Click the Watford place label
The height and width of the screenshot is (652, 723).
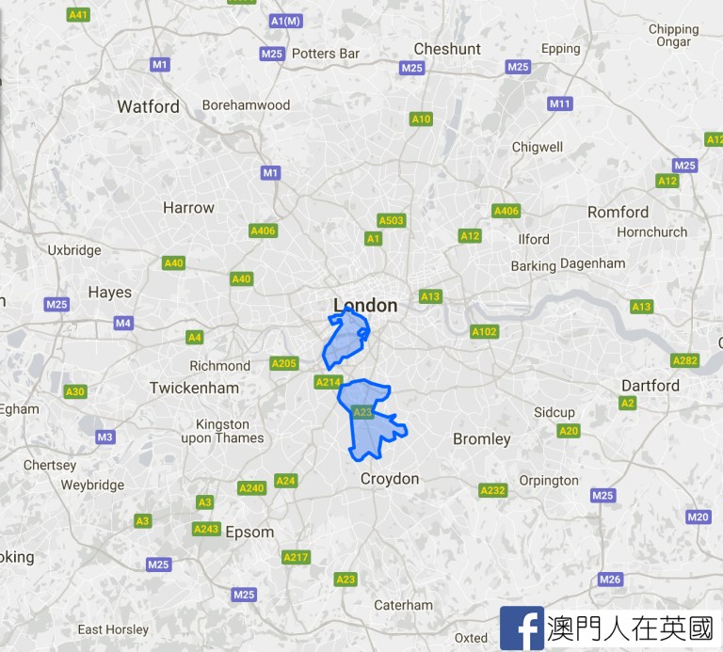(148, 106)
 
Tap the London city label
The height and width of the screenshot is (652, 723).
(365, 305)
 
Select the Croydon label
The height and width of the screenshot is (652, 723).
(390, 479)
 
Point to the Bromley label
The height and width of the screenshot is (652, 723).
(481, 438)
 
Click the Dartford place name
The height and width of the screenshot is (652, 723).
(650, 386)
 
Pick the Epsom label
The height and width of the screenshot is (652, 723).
(249, 532)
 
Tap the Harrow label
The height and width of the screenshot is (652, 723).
(188, 207)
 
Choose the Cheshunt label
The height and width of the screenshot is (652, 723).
(447, 49)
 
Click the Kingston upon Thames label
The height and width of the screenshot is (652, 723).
(222, 431)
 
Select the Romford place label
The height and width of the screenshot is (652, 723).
(618, 212)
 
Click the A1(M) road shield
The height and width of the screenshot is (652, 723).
(285, 21)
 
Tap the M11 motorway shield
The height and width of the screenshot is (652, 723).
(560, 103)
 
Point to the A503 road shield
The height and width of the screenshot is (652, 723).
(391, 220)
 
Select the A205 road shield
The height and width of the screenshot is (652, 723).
(283, 363)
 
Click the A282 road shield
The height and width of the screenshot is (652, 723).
(684, 360)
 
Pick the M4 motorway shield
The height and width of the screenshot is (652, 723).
(123, 324)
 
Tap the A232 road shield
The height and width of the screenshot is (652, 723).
(492, 490)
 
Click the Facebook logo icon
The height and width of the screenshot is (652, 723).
(521, 628)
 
